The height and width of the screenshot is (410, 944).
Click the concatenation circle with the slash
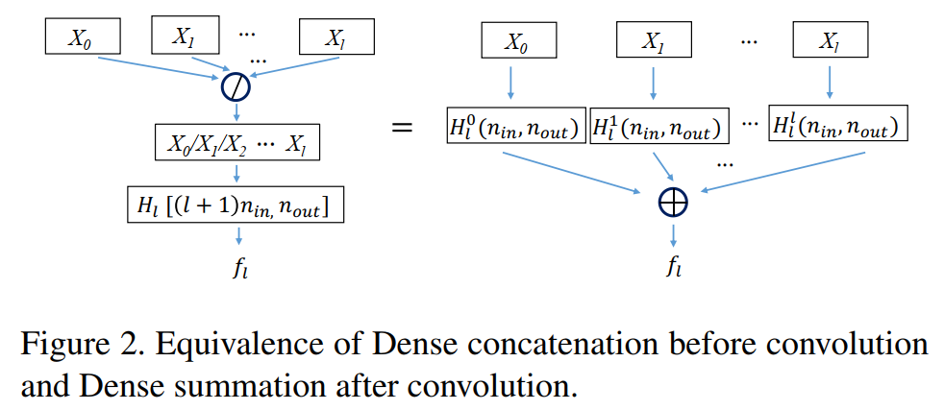[236, 87]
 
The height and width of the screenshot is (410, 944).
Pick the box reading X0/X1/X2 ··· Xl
[236, 145]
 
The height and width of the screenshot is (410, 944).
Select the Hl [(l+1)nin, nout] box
[236, 204]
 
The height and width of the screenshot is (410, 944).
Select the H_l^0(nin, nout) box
[513, 127]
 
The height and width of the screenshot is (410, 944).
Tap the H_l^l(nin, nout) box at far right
[838, 126]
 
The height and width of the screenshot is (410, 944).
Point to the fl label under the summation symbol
[675, 266]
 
